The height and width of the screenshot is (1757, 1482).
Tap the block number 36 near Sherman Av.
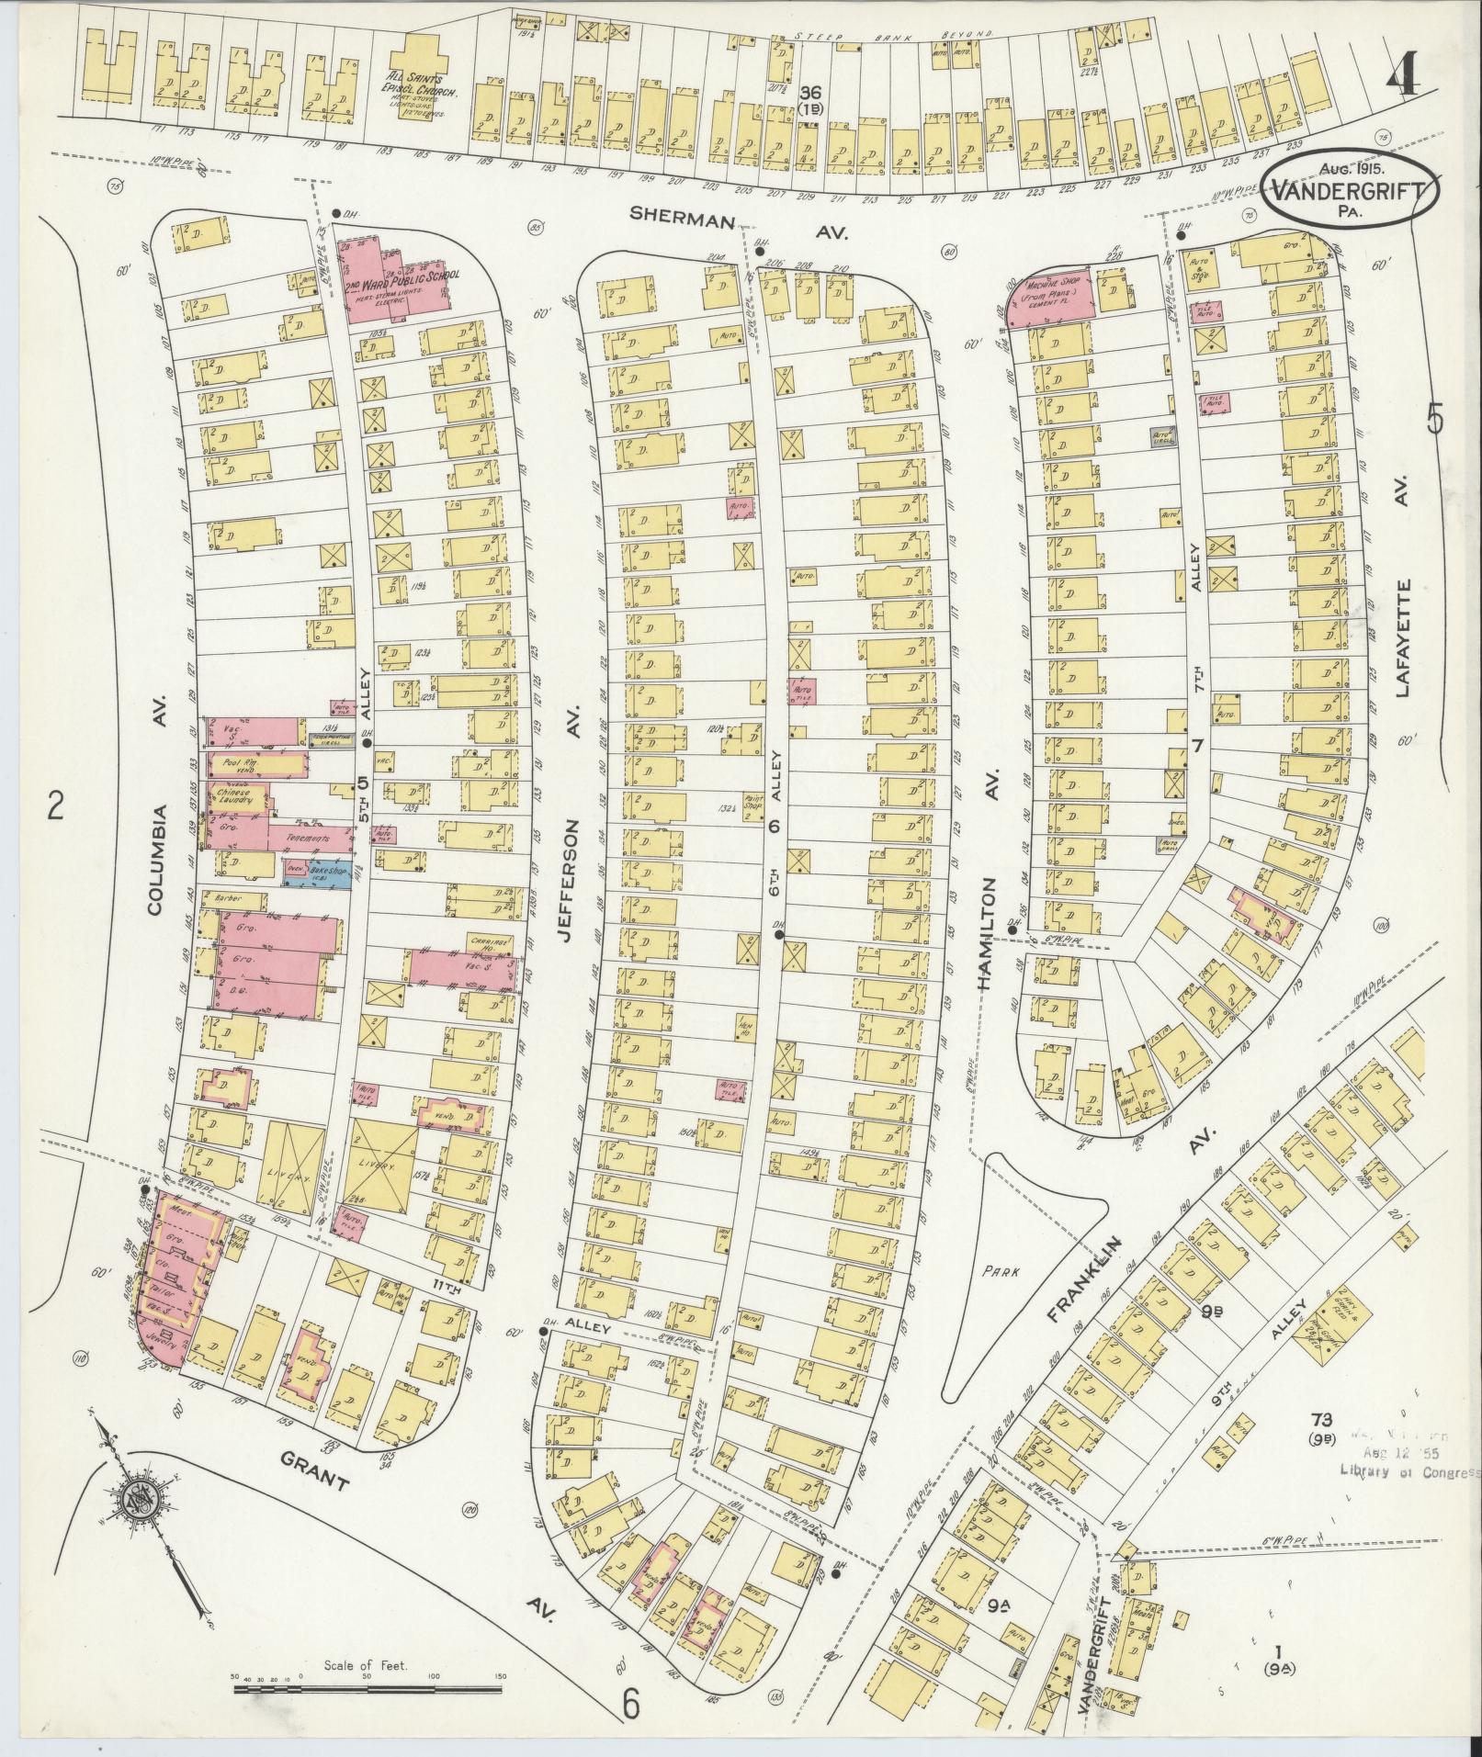(x=809, y=94)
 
